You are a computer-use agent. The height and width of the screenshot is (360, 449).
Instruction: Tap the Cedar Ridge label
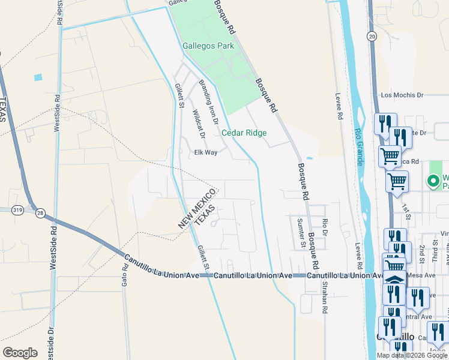(244, 133)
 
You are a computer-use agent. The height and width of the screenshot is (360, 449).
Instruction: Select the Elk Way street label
(205, 152)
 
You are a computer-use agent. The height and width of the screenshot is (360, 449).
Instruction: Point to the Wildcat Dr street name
(199, 124)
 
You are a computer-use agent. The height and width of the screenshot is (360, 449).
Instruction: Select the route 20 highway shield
(372, 37)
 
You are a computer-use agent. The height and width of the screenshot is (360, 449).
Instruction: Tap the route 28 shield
(40, 213)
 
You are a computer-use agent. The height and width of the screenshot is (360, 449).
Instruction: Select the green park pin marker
(432, 180)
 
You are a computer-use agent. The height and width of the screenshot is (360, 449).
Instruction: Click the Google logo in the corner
(20, 352)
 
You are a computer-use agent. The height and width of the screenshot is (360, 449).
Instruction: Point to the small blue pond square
(38, 77)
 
